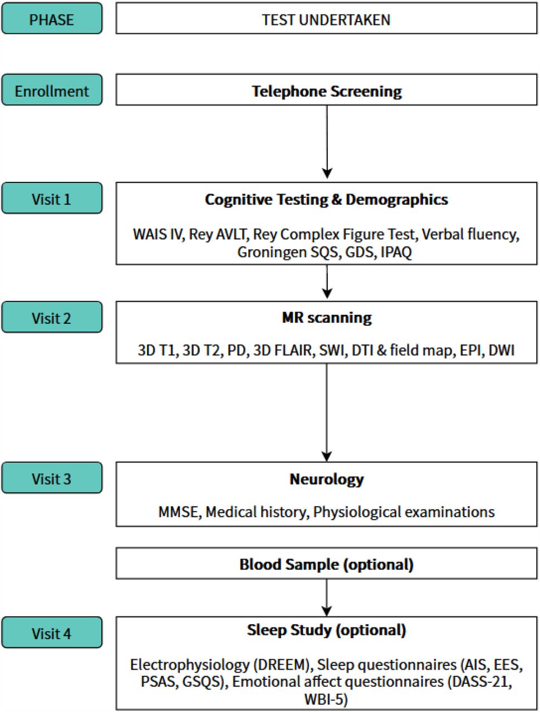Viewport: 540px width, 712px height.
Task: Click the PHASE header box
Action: pyautogui.click(x=52, y=18)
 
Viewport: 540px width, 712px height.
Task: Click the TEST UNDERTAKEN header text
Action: pyautogui.click(x=326, y=20)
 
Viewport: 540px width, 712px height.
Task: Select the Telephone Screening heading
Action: pyautogui.click(x=327, y=91)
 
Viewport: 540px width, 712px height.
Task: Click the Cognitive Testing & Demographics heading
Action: pyautogui.click(x=326, y=200)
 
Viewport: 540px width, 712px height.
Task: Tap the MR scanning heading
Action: pyautogui.click(x=327, y=318)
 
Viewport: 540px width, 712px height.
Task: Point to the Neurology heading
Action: pyautogui.click(x=327, y=479)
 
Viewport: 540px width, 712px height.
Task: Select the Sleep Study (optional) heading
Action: pyautogui.click(x=326, y=630)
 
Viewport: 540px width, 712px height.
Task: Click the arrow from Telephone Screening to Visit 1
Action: pyautogui.click(x=327, y=142)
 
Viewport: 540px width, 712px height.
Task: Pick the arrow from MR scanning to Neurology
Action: pyautogui.click(x=326, y=412)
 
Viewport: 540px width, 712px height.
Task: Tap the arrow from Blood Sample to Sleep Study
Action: pyautogui.click(x=326, y=597)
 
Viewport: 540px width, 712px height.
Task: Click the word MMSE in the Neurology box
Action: pyautogui.click(x=178, y=512)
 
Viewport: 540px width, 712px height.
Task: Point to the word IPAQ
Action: pyautogui.click(x=396, y=252)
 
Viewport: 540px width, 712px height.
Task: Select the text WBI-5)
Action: pyautogui.click(x=326, y=699)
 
